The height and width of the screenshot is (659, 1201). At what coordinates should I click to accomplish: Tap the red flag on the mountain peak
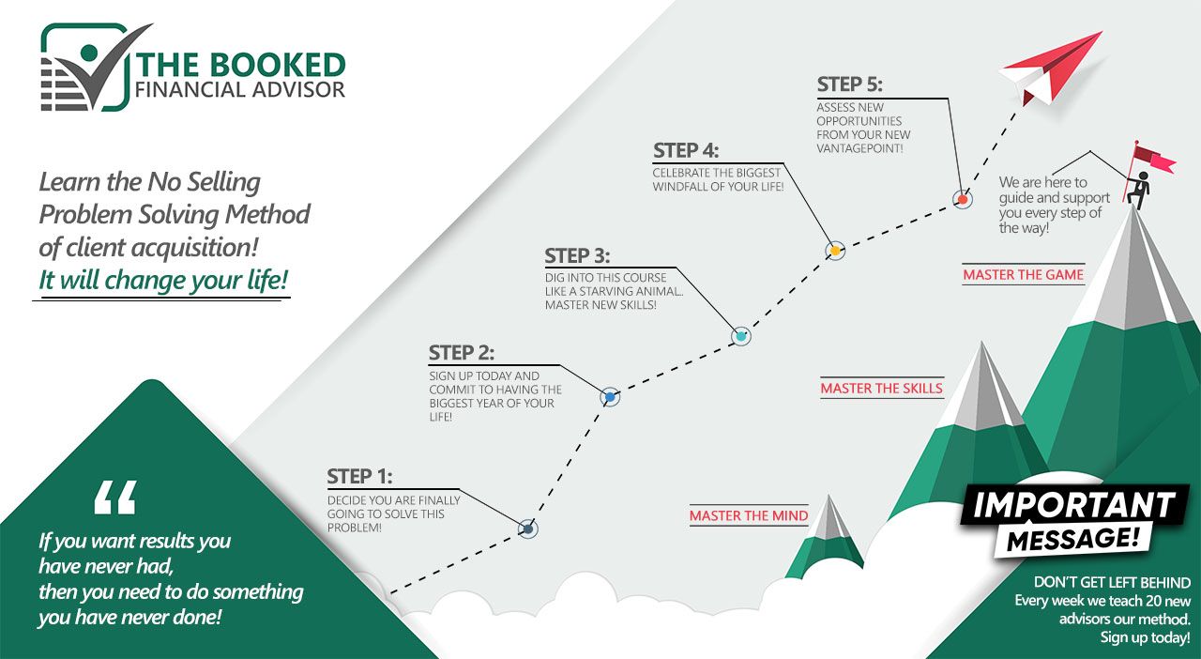1152,157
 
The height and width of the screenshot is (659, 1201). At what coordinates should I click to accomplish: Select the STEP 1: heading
359,477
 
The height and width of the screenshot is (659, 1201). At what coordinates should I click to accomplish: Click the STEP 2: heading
461,353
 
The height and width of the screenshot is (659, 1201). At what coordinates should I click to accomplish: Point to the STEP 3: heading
577,255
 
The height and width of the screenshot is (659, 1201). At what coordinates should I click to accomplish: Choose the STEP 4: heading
686,150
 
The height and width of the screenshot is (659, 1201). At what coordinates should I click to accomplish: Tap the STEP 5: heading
849,84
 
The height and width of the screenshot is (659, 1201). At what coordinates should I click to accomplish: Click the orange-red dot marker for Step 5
962,199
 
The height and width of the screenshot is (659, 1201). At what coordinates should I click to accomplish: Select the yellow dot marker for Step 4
834,251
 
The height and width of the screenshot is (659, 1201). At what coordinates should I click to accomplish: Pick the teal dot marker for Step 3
740,336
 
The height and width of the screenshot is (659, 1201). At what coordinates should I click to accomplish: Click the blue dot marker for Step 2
610,397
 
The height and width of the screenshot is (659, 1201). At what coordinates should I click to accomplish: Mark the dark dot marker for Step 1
528,529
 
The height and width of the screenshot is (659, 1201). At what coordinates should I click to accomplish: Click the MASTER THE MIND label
749,515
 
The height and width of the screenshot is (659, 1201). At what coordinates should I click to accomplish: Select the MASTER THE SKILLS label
881,388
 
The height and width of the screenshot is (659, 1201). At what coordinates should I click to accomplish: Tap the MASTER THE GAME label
1023,275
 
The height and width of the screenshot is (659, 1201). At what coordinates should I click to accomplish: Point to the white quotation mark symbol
114,498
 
